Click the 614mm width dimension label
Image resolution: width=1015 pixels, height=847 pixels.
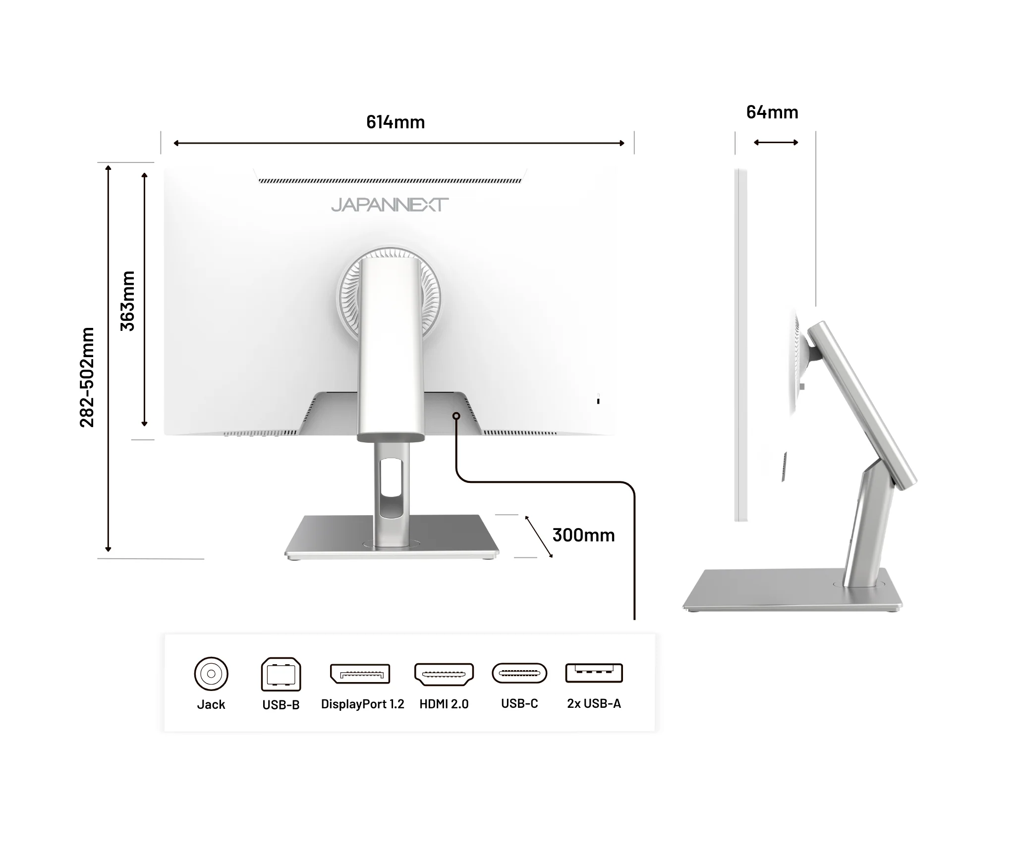(x=395, y=122)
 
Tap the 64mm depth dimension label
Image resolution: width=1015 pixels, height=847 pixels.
(x=772, y=112)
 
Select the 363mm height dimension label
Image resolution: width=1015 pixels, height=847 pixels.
(x=127, y=301)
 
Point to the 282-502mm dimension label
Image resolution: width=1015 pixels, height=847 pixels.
(x=87, y=377)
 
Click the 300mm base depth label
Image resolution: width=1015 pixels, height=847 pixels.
(x=583, y=535)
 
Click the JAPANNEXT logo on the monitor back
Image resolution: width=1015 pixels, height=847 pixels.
(x=390, y=205)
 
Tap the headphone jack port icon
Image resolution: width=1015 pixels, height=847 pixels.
(x=211, y=674)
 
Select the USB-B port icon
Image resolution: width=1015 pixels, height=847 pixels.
(x=281, y=674)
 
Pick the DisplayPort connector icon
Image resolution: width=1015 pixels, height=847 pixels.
(x=360, y=674)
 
